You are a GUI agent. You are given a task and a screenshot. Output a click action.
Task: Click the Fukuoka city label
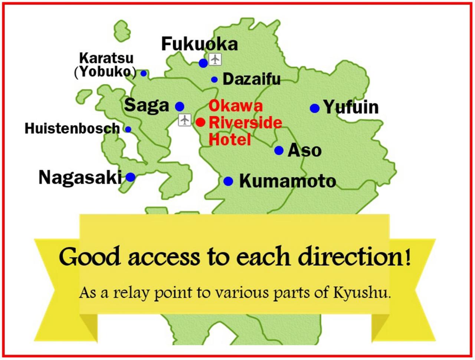point(199,44)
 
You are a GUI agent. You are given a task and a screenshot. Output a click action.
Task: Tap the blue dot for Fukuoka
point(203,63)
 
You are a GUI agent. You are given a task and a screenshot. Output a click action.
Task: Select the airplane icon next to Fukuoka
point(215,59)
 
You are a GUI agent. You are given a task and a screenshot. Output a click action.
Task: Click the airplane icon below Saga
point(184,120)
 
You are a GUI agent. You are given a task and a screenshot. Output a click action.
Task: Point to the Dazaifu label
point(252,79)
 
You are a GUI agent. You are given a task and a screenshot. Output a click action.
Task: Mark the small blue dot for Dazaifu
point(214,80)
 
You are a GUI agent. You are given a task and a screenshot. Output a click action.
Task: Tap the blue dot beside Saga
point(180,106)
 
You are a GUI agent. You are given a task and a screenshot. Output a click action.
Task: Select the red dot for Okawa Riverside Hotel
point(201,122)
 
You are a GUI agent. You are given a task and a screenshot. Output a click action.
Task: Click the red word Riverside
point(246,123)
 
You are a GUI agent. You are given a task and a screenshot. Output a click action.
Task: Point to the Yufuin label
point(351,107)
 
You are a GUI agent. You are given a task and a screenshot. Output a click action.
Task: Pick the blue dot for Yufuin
point(315,108)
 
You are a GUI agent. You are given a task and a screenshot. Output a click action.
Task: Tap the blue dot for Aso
point(279,150)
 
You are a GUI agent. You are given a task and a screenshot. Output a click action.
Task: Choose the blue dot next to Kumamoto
point(228,181)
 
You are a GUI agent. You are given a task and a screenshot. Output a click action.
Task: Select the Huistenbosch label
point(72,128)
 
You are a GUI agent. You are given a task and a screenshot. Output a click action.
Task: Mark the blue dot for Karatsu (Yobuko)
point(144,73)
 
